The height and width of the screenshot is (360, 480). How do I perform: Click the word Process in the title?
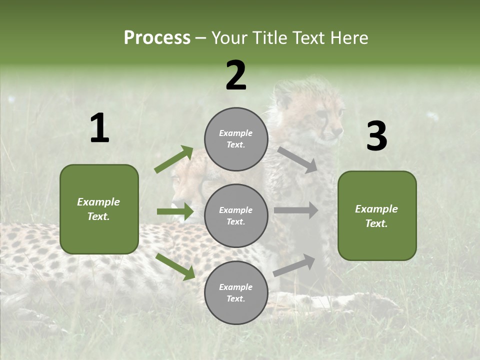[157, 37]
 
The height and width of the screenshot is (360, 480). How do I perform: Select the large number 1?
[99, 128]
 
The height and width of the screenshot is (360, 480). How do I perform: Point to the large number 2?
[236, 75]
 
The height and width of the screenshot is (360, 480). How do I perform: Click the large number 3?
[376, 136]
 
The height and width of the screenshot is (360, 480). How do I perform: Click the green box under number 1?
[99, 209]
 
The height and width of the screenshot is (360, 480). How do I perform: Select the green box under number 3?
[377, 215]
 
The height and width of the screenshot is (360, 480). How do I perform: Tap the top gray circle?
[236, 139]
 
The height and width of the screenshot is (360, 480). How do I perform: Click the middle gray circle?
[236, 215]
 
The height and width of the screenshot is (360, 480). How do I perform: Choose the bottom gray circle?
[236, 292]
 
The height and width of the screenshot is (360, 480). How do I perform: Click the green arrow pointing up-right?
[174, 159]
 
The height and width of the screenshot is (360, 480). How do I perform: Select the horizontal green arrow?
[175, 211]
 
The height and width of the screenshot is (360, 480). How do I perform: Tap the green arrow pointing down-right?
[175, 266]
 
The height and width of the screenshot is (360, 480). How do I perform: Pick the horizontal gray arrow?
[296, 210]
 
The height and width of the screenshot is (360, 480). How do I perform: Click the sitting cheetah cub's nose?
[339, 131]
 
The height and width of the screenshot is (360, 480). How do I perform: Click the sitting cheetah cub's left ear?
[283, 92]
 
